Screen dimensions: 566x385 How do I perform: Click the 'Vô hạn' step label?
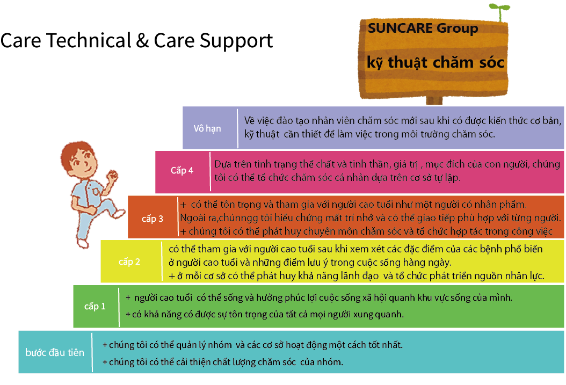point(207,128)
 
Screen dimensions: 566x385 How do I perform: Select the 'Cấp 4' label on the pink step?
point(182,170)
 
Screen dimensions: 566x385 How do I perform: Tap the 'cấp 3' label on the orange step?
point(153,219)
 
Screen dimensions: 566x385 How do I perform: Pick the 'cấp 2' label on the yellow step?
point(129,261)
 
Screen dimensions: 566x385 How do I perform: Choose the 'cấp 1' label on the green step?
point(95,307)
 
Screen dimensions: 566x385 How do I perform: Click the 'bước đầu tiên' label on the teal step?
point(55,352)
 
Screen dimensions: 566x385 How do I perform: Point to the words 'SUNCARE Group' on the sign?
point(423,28)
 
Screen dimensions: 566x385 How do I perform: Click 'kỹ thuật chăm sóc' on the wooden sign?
point(436,62)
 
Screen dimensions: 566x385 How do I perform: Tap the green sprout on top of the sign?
point(499,11)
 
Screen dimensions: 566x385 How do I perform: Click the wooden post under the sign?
point(434,100)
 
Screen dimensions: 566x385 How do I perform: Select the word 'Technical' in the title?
point(89,40)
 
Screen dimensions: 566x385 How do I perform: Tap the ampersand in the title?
point(143,40)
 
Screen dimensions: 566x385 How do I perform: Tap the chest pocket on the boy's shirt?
point(95,190)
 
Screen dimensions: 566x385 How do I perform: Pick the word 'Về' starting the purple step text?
point(249,120)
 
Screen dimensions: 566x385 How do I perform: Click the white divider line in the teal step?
point(92,352)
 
